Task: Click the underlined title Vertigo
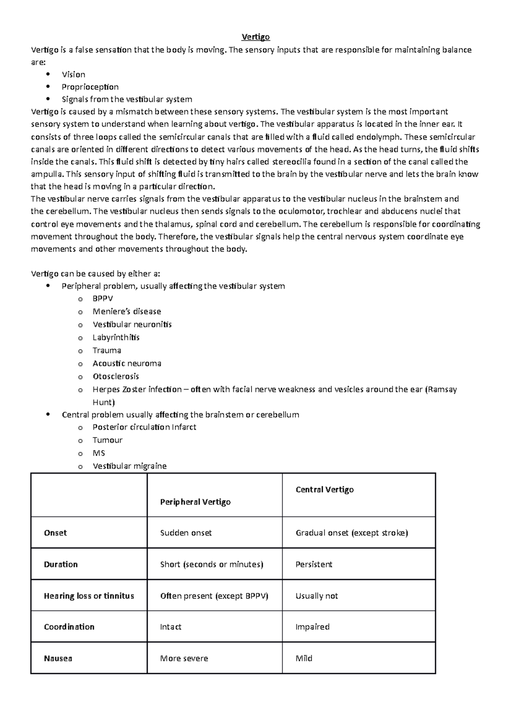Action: tap(255, 37)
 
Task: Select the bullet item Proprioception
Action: tap(90, 87)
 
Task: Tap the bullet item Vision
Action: tap(73, 75)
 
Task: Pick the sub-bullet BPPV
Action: tap(103, 298)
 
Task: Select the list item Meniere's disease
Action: tap(126, 312)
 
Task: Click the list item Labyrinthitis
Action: tap(116, 338)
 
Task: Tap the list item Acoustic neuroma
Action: tap(127, 364)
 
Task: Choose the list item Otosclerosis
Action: tap(115, 376)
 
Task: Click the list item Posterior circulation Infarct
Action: tap(144, 427)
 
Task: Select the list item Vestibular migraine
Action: tap(129, 466)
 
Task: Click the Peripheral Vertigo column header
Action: tap(195, 502)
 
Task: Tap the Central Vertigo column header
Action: tap(324, 490)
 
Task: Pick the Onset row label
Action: tap(55, 533)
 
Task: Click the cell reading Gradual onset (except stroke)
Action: tap(352, 533)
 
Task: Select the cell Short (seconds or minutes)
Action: tap(212, 565)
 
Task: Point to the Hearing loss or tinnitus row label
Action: tap(89, 596)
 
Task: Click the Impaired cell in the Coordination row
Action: tap(312, 627)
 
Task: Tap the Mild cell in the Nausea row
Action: tap(304, 659)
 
